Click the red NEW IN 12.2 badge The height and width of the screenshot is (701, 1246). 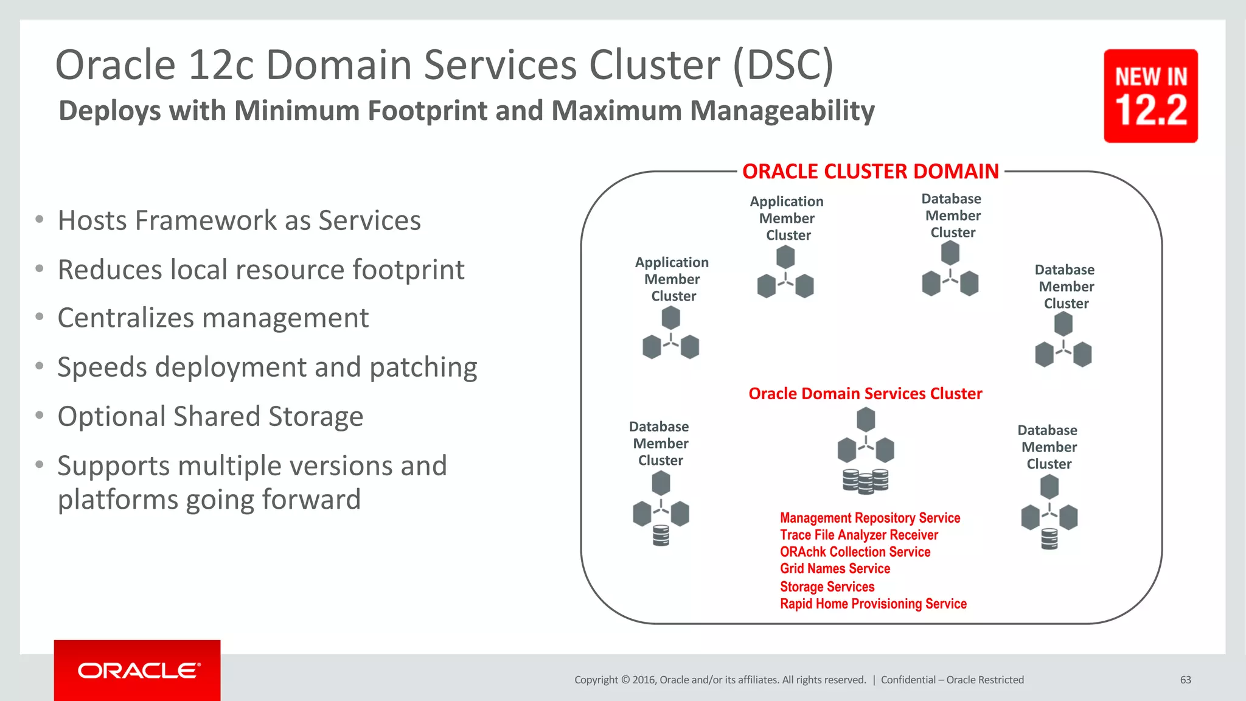pyautogui.click(x=1150, y=96)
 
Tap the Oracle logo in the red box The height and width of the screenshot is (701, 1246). pyautogui.click(x=138, y=671)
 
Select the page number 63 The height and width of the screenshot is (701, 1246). pyautogui.click(x=1185, y=680)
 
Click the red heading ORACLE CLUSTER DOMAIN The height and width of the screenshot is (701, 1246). pyautogui.click(x=871, y=172)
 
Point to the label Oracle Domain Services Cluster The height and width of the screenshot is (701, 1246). pyautogui.click(x=865, y=394)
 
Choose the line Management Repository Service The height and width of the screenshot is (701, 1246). pyautogui.click(x=870, y=518)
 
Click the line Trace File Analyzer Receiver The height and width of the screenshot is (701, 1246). pyautogui.click(x=859, y=535)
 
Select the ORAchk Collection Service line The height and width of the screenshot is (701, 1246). pyautogui.click(x=855, y=552)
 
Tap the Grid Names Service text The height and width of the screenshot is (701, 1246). pyautogui.click(x=835, y=568)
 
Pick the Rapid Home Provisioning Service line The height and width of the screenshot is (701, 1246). pyautogui.click(x=873, y=604)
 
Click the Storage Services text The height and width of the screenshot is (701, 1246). pyautogui.click(x=827, y=587)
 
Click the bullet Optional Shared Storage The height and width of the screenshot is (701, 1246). pyautogui.click(x=210, y=417)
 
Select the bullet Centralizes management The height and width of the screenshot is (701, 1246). pyautogui.click(x=213, y=318)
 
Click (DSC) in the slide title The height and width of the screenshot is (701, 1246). pyautogui.click(x=783, y=65)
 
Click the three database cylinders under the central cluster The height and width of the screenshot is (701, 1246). pyautogui.click(x=865, y=481)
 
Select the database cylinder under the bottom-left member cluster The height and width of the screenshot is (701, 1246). pyautogui.click(x=661, y=535)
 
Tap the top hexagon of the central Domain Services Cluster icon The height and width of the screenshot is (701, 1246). pyautogui.click(x=866, y=419)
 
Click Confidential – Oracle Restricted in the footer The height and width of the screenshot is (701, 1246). pyautogui.click(x=952, y=680)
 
